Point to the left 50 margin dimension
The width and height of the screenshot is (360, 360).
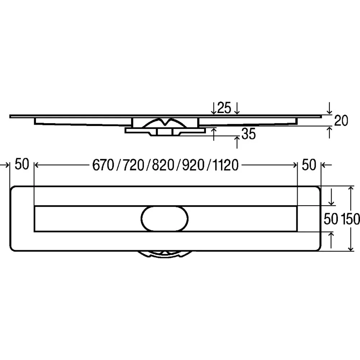point(22,164)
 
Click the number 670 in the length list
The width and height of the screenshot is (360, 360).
point(103,165)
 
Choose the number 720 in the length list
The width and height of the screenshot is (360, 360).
point(134,165)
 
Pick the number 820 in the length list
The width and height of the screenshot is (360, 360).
point(163,165)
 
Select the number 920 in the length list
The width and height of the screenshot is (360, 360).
point(193,165)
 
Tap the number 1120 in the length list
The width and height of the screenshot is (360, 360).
point(226,165)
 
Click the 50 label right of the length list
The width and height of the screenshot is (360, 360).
point(309,165)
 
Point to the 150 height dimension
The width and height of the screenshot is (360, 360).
point(350,219)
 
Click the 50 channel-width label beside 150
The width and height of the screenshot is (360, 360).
point(331,219)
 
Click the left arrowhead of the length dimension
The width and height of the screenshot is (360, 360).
point(37,165)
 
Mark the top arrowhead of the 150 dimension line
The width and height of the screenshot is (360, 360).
point(351,189)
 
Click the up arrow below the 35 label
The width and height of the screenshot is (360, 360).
point(237,142)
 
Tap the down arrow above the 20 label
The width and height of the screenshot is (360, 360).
point(329,108)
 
